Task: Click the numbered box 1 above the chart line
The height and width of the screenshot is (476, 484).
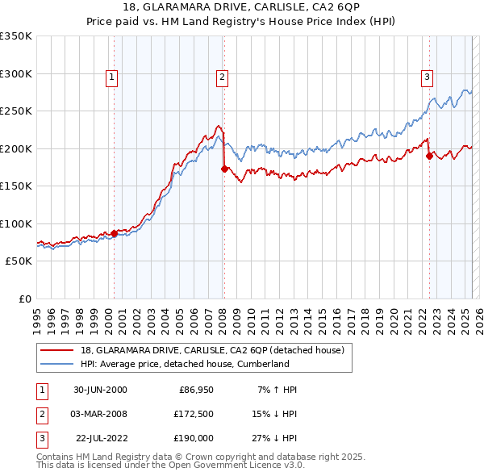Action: [111, 77]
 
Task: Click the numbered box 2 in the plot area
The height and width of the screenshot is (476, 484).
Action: [222, 77]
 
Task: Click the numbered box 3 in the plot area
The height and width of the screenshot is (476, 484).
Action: [427, 77]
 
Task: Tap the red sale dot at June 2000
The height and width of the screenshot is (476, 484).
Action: [114, 233]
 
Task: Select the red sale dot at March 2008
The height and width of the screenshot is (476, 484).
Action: [223, 169]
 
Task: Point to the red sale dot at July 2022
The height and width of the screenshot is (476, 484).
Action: [429, 156]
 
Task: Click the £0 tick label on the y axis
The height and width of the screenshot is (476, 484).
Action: [24, 299]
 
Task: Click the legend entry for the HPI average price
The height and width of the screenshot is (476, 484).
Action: [185, 364]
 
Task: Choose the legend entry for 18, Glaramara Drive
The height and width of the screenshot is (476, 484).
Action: [212, 350]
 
